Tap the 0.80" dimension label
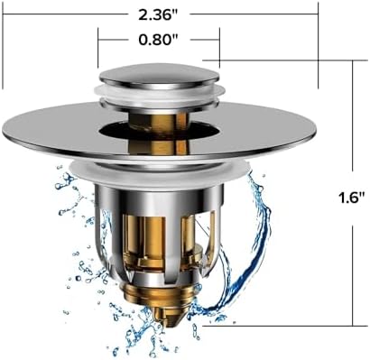(x=159, y=42)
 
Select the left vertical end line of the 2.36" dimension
(x=3, y=45)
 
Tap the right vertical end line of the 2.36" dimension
(x=318, y=45)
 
